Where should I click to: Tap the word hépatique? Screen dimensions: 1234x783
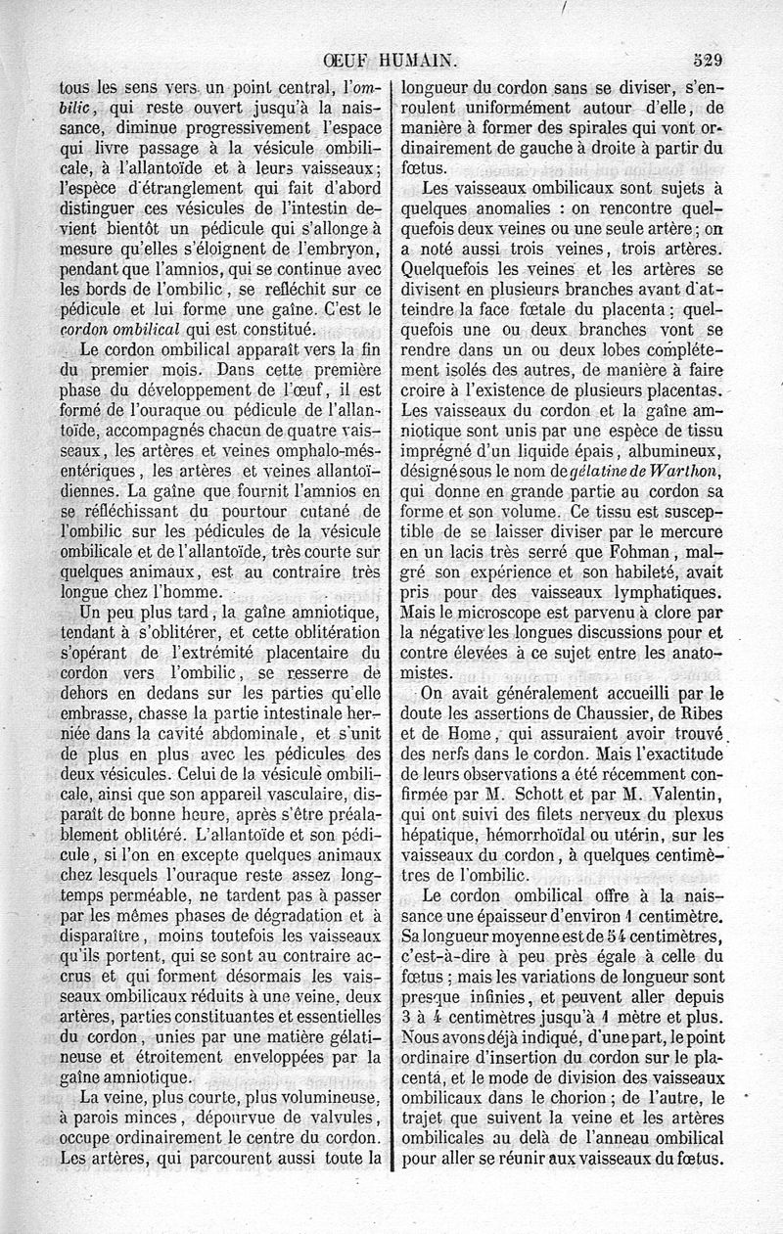pyautogui.click(x=441, y=835)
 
